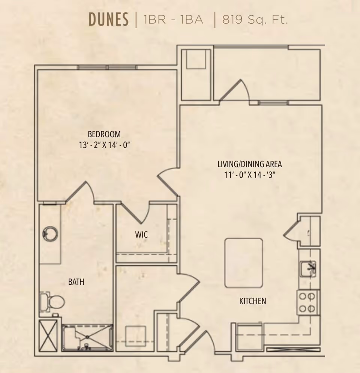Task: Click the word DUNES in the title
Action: click(109, 20)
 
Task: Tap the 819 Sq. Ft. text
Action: click(255, 20)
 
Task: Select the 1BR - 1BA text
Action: click(173, 20)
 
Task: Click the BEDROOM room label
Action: click(104, 134)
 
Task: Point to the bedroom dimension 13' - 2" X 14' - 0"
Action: click(104, 145)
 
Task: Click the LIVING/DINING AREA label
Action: click(250, 164)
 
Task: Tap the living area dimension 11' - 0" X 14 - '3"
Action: click(250, 175)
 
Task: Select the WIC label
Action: click(141, 235)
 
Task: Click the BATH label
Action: click(76, 282)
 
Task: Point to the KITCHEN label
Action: click(252, 301)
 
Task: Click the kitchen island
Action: click(244, 263)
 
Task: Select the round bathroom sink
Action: click(50, 234)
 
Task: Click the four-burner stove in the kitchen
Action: click(308, 302)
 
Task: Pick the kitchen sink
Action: click(308, 269)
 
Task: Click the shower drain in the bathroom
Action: click(87, 337)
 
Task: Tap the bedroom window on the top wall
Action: click(108, 67)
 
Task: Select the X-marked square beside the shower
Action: click(48, 335)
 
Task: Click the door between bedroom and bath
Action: click(79, 193)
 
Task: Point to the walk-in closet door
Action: click(135, 213)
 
